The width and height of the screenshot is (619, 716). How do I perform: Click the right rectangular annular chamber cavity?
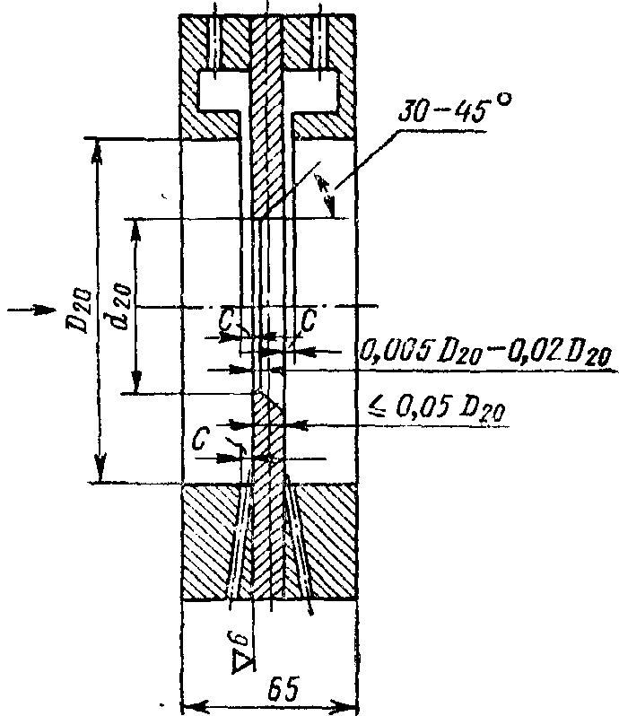click(314, 90)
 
